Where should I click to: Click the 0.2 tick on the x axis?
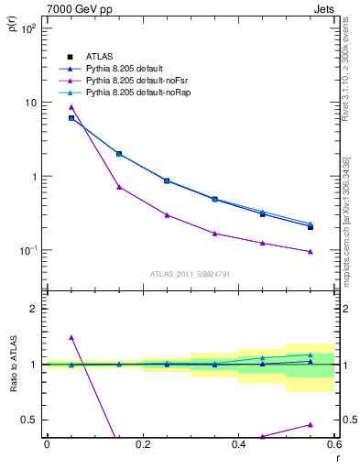click(143, 445)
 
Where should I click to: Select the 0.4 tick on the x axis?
click(238, 445)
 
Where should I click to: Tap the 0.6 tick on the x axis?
click(334, 445)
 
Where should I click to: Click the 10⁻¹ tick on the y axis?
click(29, 250)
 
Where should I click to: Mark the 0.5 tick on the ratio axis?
click(28, 420)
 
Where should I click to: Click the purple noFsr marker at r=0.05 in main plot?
click(71, 107)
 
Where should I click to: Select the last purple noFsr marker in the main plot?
click(311, 252)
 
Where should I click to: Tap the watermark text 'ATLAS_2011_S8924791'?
click(191, 273)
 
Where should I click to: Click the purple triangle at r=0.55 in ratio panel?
click(311, 424)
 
